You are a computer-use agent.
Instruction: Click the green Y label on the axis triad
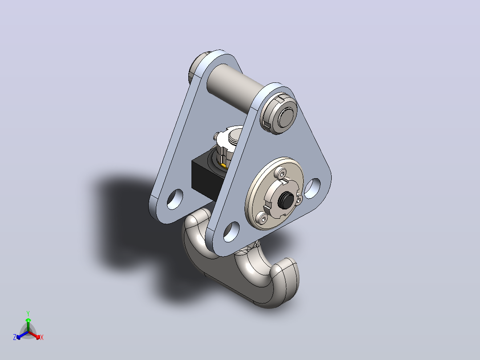click(28, 313)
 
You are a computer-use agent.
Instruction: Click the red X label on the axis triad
click(42, 337)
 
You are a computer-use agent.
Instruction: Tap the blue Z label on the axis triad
click(14, 337)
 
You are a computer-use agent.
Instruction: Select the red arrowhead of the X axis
click(38, 337)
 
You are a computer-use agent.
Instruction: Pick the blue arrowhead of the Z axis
click(18, 337)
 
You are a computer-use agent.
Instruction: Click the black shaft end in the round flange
click(285, 200)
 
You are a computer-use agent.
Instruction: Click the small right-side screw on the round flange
click(299, 199)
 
